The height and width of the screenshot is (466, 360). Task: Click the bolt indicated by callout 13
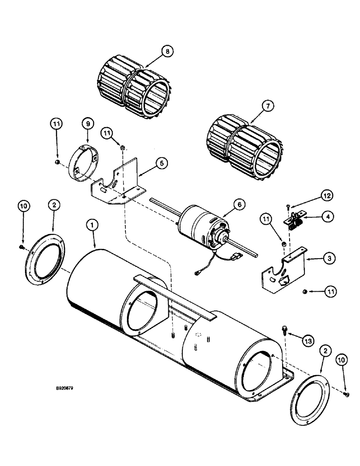tap(285, 331)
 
